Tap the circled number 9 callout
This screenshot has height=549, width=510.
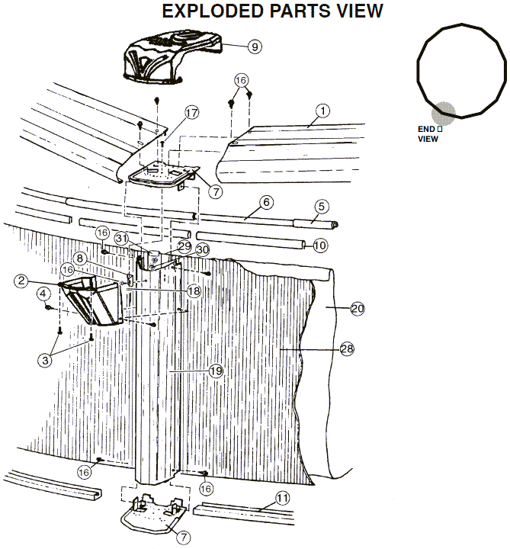tap(255, 47)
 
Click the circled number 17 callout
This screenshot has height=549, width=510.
tap(191, 113)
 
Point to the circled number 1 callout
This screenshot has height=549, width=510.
tap(322, 111)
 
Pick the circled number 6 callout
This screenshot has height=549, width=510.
tap(266, 202)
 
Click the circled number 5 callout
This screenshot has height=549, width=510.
tap(322, 206)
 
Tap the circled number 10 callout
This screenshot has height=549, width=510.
tap(320, 246)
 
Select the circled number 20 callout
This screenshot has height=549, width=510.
tap(358, 309)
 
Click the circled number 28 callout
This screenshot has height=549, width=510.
tap(347, 349)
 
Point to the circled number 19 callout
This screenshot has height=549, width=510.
tap(216, 371)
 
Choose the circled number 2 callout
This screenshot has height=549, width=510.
tap(21, 281)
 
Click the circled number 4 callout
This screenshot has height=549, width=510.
tap(43, 294)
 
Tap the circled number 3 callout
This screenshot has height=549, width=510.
tap(45, 360)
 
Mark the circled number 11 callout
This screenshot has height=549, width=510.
tap(283, 498)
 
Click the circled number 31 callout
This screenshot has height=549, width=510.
tap(121, 239)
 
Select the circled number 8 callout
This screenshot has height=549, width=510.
tap(80, 258)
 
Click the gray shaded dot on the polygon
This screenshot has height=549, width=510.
tap(444, 114)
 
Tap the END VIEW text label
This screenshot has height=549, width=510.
tap(430, 133)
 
